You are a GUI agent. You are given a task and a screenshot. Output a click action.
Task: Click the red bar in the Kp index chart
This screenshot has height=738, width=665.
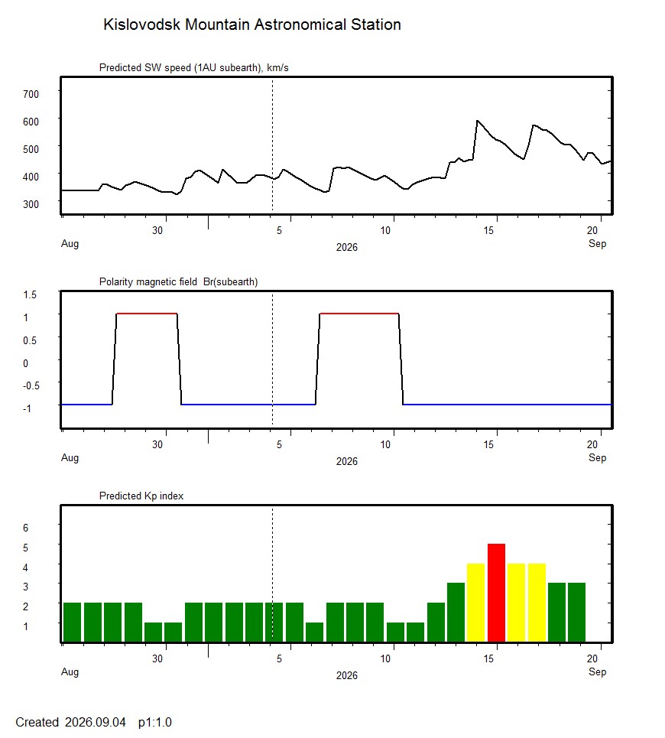[496, 593]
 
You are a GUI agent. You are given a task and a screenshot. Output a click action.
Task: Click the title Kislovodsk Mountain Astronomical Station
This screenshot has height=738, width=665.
[252, 24]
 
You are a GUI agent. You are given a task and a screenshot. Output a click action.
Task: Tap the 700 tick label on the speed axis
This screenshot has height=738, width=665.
[31, 94]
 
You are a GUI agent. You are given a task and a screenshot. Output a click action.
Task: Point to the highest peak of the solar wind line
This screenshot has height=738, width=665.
[478, 121]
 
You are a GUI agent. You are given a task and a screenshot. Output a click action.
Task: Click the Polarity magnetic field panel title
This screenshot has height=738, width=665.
[178, 282]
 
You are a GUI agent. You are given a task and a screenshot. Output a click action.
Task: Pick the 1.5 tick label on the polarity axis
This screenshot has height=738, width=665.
[30, 294]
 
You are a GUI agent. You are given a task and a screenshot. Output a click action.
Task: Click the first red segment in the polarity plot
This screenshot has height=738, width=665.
[147, 314]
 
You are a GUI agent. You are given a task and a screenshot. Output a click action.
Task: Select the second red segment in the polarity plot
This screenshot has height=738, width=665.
[359, 314]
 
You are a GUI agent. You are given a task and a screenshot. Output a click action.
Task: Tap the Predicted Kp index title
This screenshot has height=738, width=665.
[141, 496]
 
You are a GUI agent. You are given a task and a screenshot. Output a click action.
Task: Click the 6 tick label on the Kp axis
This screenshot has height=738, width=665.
[25, 528]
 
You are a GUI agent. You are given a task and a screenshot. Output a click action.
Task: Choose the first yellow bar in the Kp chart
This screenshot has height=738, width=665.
[475, 603]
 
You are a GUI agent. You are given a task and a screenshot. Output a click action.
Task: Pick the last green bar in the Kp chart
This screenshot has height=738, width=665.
[576, 613]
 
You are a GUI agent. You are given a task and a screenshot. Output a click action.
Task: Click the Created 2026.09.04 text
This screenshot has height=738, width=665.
[70, 723]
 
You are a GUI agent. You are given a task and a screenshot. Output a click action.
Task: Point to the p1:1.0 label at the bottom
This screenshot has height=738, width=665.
[154, 723]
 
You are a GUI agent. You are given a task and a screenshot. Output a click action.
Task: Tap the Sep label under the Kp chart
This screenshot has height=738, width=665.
[597, 672]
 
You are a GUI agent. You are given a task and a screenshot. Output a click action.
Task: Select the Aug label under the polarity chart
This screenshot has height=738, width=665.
[70, 458]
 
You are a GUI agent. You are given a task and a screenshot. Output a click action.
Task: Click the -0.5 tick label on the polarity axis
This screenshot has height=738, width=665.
[31, 386]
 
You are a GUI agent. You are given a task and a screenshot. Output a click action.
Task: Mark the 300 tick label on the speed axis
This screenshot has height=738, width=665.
[31, 204]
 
